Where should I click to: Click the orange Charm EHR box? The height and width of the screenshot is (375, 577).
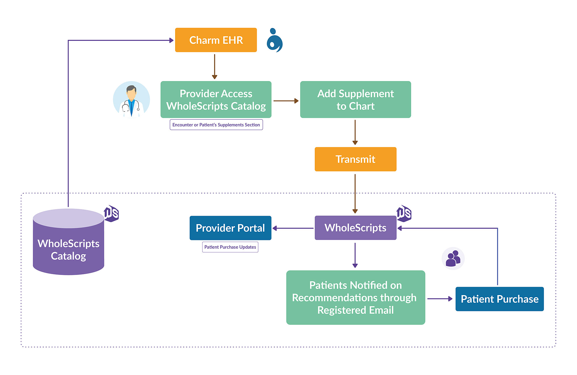(x=216, y=40)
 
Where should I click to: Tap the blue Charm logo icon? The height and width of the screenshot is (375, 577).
(x=274, y=40)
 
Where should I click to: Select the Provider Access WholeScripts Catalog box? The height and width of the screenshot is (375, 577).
(x=216, y=100)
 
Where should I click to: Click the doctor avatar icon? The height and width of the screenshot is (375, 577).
(x=132, y=100)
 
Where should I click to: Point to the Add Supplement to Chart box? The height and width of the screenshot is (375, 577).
(x=355, y=100)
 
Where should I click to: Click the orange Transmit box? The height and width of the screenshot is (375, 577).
(x=355, y=159)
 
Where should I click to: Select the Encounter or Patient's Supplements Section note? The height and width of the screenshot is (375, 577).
(x=216, y=125)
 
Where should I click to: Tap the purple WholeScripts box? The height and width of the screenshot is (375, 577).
(x=355, y=228)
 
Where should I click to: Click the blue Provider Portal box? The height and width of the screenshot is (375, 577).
(x=230, y=228)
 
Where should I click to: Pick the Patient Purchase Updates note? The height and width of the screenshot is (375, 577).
(x=230, y=247)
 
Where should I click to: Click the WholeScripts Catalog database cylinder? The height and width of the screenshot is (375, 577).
(x=68, y=245)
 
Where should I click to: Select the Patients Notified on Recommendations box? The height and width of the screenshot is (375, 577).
(x=355, y=297)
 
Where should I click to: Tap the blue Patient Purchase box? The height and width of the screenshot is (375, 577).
(x=499, y=299)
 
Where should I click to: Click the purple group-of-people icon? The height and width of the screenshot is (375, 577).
(x=453, y=258)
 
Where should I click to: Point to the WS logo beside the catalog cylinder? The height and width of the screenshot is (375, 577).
(x=111, y=213)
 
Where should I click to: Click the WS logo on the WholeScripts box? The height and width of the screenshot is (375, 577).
(x=404, y=213)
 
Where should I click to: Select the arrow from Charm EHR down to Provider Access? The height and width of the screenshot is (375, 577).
(x=214, y=66)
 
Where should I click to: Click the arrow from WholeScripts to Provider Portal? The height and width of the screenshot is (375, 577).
(x=293, y=228)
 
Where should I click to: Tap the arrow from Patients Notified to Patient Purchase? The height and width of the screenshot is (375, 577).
(x=440, y=299)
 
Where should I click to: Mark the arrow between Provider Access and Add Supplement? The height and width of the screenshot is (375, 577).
(x=286, y=101)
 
